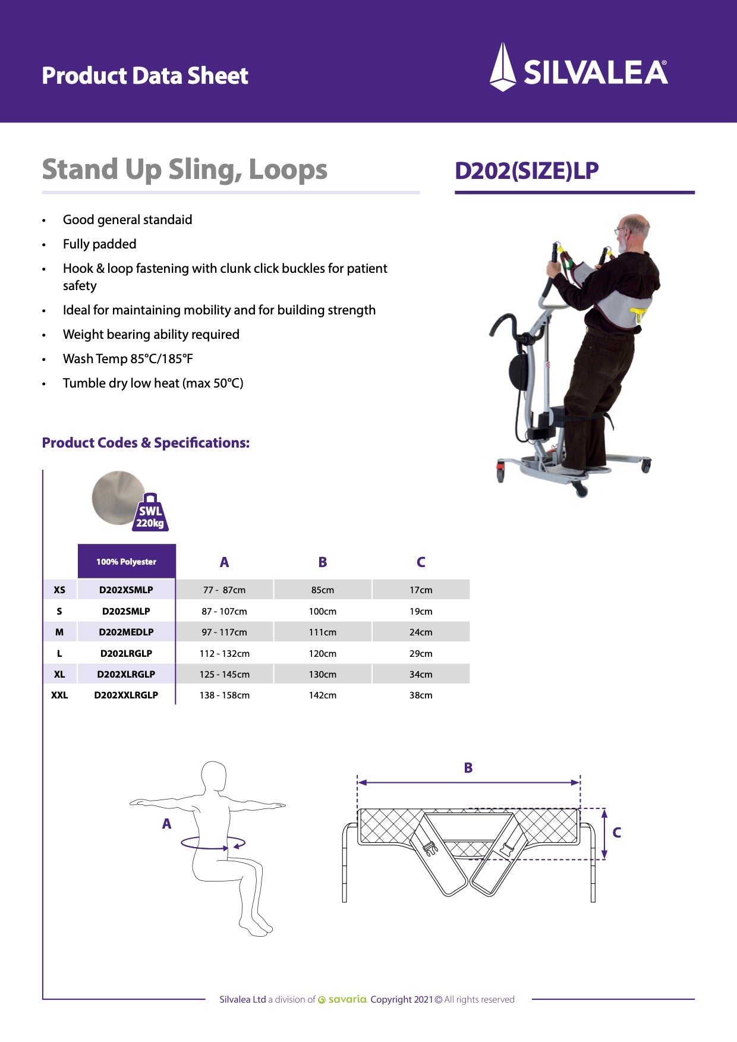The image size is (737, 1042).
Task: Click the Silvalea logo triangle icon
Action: pos(502,67)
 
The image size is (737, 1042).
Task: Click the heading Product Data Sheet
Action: pos(145,75)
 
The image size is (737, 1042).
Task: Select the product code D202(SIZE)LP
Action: pos(527,171)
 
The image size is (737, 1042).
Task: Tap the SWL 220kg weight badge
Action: pos(150,514)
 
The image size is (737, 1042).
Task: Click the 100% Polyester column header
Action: pos(126,562)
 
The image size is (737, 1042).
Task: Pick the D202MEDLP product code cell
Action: pos(126,632)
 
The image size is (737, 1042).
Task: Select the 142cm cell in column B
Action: pos(322,695)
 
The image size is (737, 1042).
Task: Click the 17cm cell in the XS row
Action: pos(421,590)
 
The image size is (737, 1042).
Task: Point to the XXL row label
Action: pos(59,695)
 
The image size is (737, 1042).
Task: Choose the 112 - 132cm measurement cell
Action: pos(224,653)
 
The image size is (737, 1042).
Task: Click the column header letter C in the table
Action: pos(421,562)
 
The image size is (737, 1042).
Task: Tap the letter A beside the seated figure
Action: pos(166,824)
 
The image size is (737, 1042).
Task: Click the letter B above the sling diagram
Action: pos(468,768)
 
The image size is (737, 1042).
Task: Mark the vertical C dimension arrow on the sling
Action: pos(604,833)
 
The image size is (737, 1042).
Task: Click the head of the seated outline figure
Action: pos(213,776)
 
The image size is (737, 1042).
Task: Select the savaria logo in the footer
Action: pos(343,1000)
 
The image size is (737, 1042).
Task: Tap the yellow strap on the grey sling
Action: pos(640,313)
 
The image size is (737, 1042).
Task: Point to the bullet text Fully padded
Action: pos(99,244)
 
